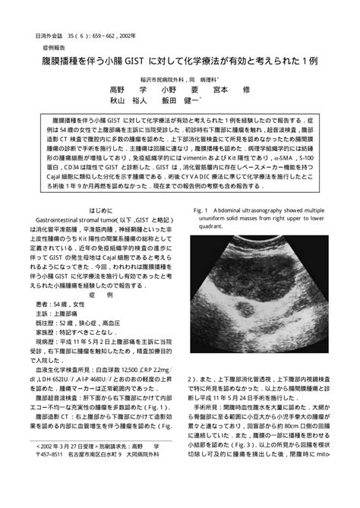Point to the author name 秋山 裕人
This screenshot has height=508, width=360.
click(x=130, y=99)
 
